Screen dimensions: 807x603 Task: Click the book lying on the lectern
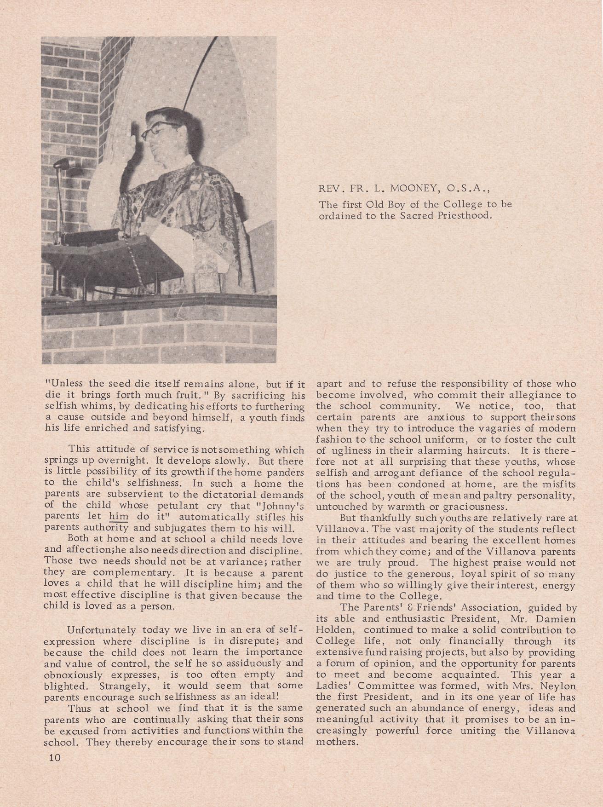pos(92,236)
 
